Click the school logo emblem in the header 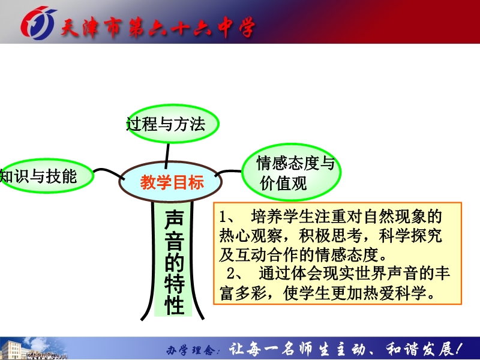[x=38, y=23]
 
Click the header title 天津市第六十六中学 [x=158, y=28]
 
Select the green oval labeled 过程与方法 [x=173, y=124]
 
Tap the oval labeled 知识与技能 [x=46, y=176]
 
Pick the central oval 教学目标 [x=170, y=182]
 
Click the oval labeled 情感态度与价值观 [x=292, y=172]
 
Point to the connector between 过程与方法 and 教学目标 [x=167, y=156]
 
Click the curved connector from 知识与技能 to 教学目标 [x=109, y=173]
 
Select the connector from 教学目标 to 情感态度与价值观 [x=228, y=172]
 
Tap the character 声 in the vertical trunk [x=174, y=220]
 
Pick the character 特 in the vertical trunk [x=174, y=284]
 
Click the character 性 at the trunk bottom [x=174, y=305]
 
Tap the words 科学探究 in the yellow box [x=410, y=235]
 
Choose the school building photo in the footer [x=34, y=349]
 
